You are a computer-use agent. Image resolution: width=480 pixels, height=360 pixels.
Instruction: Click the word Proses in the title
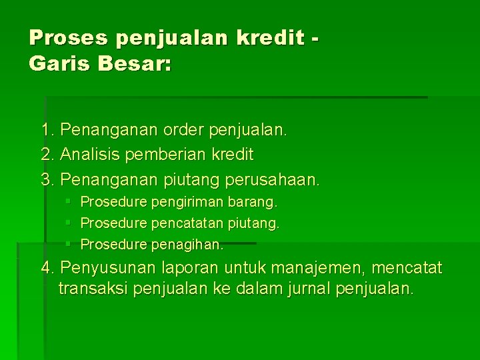pyautogui.click(x=68, y=37)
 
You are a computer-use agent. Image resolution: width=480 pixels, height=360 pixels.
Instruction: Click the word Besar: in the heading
pyautogui.click(x=135, y=63)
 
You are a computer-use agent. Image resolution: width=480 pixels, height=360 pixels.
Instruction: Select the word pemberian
pyautogui.click(x=165, y=154)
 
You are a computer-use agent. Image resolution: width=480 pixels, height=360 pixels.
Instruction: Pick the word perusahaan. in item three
pyautogui.click(x=272, y=180)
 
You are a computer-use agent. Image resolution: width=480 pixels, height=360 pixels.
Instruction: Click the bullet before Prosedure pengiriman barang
pyautogui.click(x=68, y=201)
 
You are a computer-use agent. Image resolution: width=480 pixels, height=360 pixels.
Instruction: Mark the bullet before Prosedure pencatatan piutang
pyautogui.click(x=68, y=222)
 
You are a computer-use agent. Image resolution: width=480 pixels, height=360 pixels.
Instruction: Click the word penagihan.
pyautogui.click(x=187, y=245)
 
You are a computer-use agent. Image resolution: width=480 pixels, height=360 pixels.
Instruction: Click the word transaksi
pyautogui.click(x=93, y=289)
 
